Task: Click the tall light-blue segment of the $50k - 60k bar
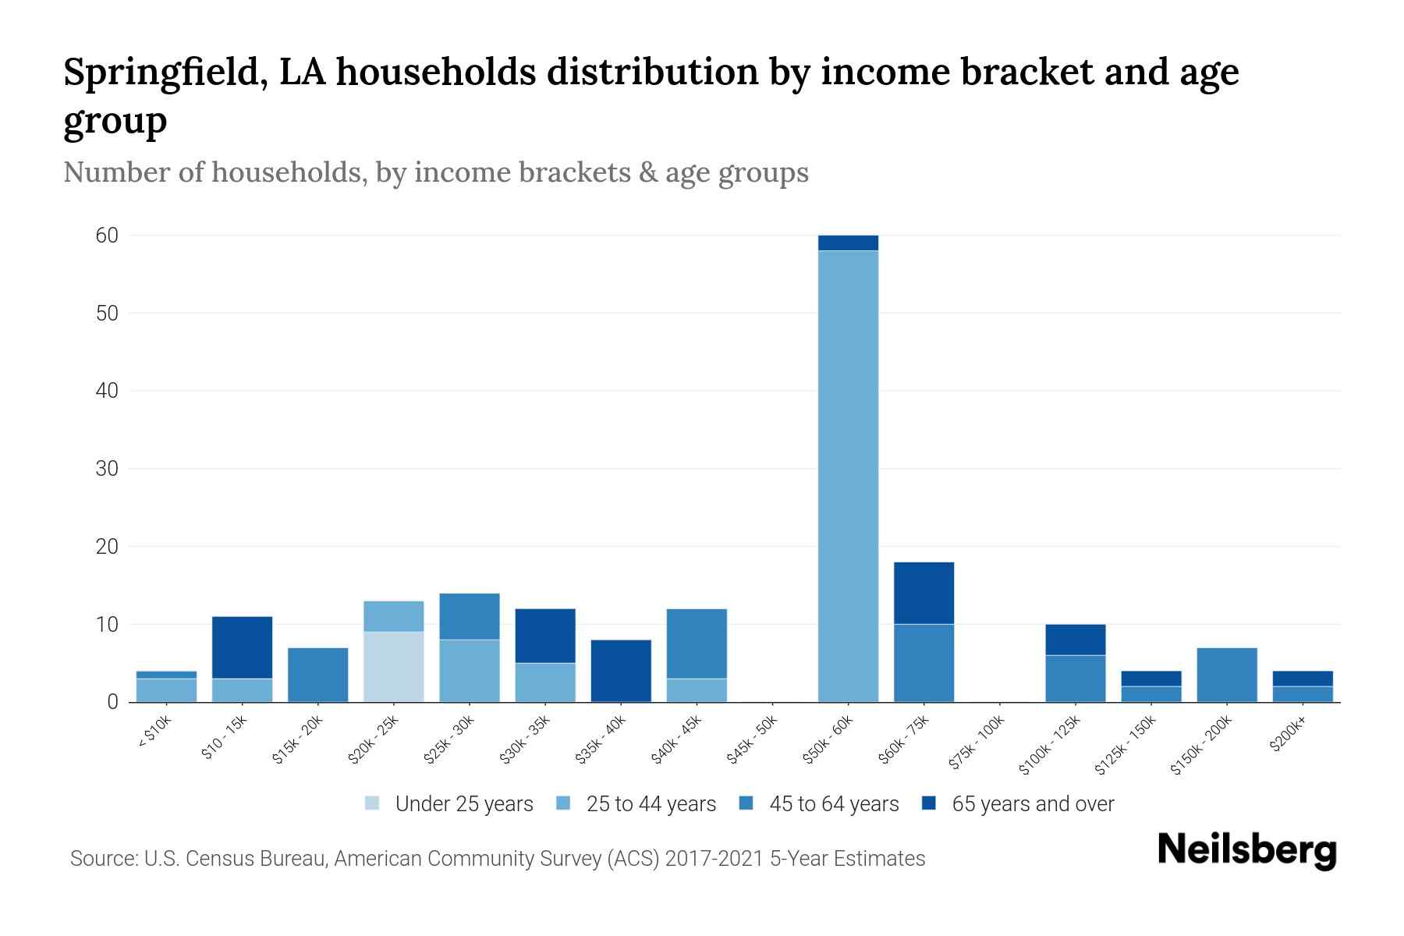(848, 476)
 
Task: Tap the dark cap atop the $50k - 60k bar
(848, 243)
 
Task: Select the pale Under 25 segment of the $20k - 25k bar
(394, 667)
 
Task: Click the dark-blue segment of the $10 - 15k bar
(242, 647)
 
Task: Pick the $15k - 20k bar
(317, 675)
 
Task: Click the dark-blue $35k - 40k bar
(621, 671)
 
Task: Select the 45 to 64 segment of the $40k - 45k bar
(697, 643)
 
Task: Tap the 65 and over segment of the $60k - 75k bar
(924, 593)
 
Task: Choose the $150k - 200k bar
(1226, 675)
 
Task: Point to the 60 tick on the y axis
(107, 235)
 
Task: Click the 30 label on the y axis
(107, 469)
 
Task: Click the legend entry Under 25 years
(463, 803)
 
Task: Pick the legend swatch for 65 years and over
(929, 803)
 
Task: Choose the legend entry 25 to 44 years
(651, 803)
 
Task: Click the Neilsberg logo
(1246, 850)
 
